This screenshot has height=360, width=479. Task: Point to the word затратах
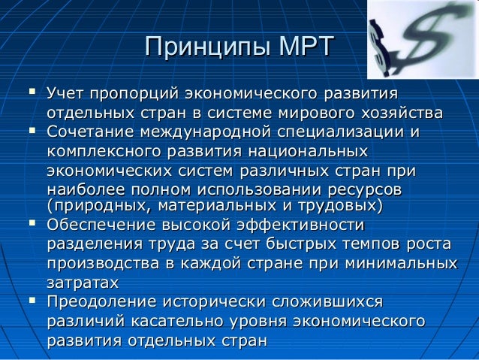83,283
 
